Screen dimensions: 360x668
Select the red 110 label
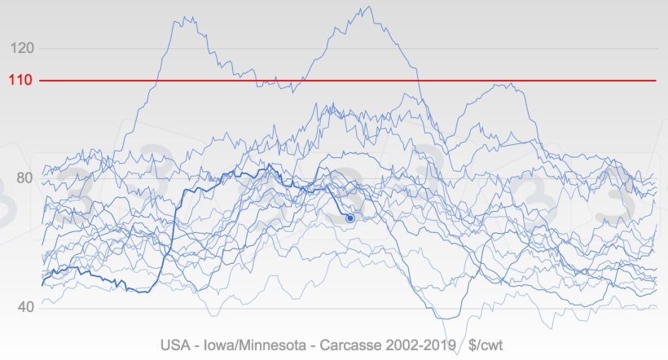coord(21,81)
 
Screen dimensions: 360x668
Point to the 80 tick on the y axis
coord(24,178)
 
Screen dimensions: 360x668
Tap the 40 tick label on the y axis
coord(24,308)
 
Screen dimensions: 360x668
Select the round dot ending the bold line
coord(350,218)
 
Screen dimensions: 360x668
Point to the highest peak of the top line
coord(368,7)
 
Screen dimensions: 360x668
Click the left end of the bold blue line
coord(42,283)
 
